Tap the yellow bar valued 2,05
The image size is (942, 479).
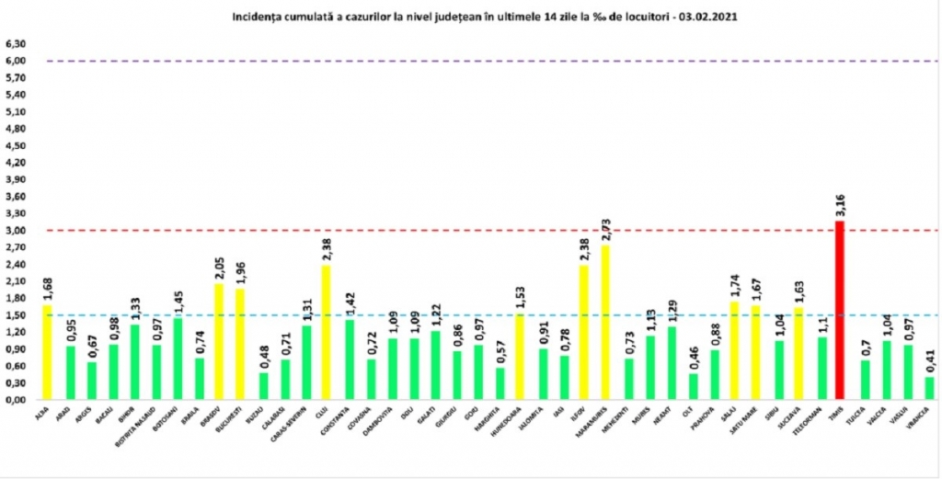[x=219, y=341]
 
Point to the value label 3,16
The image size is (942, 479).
[x=840, y=205]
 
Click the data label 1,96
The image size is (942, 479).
[x=241, y=273]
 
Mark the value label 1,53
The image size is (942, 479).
[x=520, y=297]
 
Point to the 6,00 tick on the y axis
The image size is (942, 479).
[x=15, y=62]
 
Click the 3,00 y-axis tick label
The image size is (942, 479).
[x=15, y=231]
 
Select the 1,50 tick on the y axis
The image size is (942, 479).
[x=15, y=315]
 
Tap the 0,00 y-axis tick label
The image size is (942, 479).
[x=15, y=400]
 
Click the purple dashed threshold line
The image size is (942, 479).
[x=460, y=62]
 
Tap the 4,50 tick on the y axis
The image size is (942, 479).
[x=15, y=146]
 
